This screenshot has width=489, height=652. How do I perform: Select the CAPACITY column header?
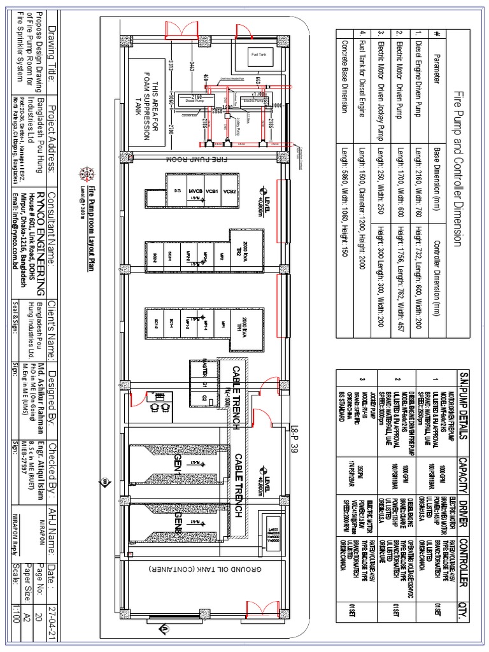(x=471, y=473)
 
